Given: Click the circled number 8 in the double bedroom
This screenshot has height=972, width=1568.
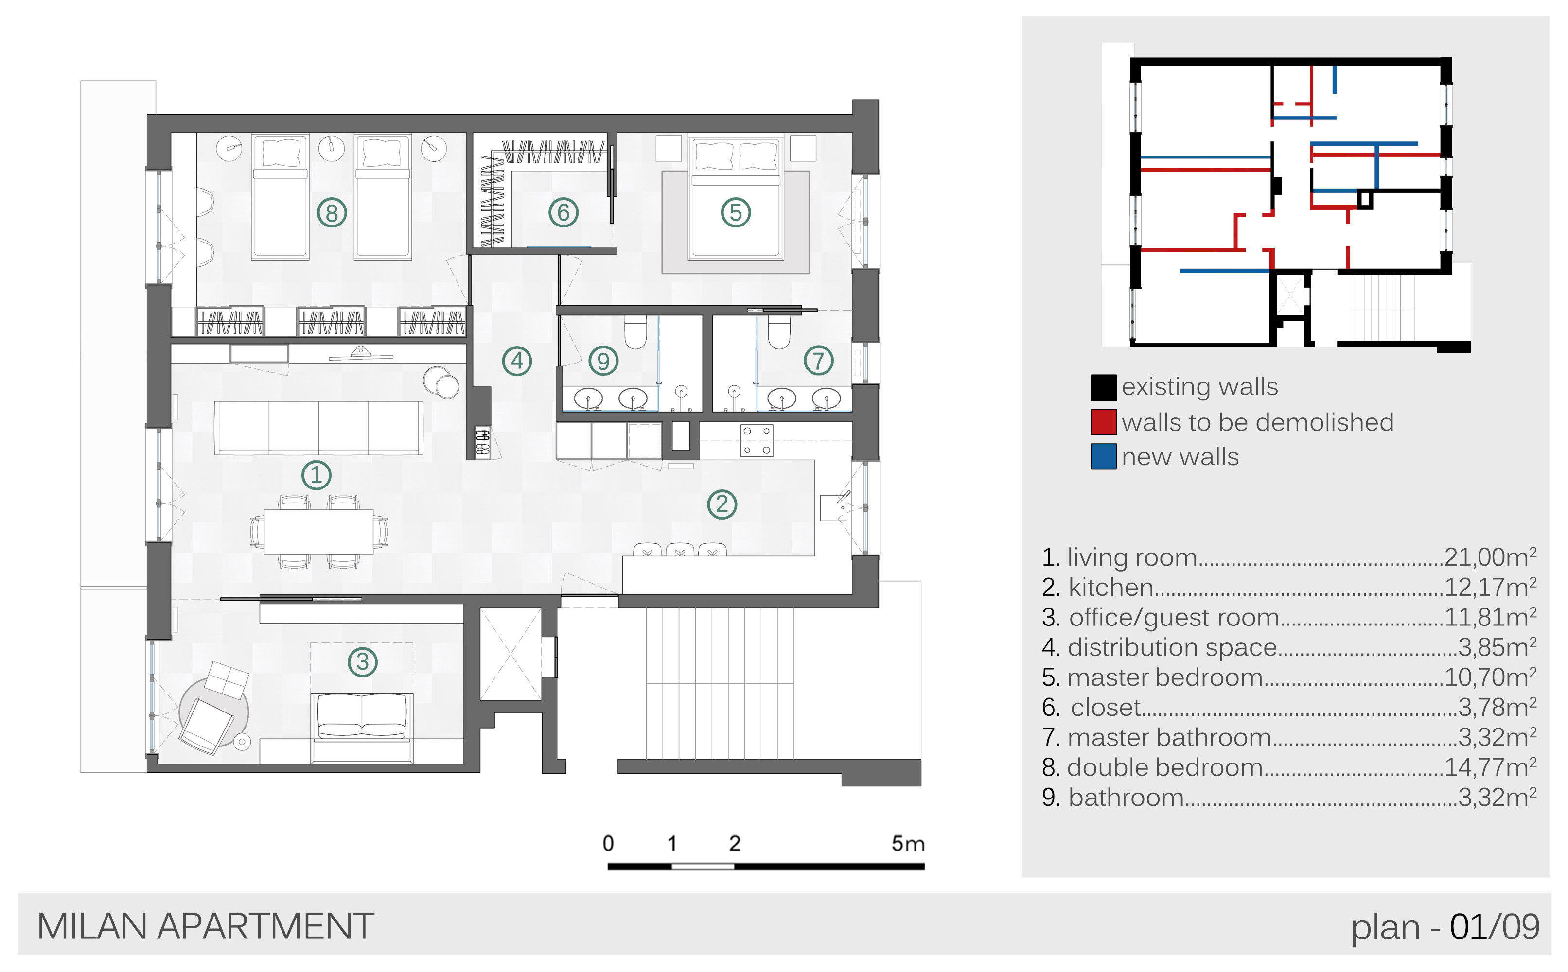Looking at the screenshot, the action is pyautogui.click(x=332, y=213).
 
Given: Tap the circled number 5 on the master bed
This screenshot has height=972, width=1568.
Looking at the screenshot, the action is pyautogui.click(x=736, y=213).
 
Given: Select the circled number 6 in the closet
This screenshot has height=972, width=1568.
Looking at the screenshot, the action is pyautogui.click(x=564, y=212).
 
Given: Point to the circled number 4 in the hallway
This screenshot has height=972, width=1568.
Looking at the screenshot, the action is pyautogui.click(x=517, y=361).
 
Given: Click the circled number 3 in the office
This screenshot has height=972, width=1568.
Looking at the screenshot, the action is pyautogui.click(x=363, y=661).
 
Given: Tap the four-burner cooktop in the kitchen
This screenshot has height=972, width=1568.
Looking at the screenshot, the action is pyautogui.click(x=757, y=440).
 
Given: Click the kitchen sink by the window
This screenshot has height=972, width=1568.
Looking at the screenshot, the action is pyautogui.click(x=833, y=507).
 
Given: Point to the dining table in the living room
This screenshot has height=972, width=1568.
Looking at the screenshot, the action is pyautogui.click(x=318, y=531).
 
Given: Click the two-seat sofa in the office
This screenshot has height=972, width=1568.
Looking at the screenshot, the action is pyautogui.click(x=362, y=727).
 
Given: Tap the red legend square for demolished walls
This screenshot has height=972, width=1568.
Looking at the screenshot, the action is pyautogui.click(x=1104, y=422).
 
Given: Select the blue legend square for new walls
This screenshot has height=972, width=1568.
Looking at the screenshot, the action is pyautogui.click(x=1104, y=457).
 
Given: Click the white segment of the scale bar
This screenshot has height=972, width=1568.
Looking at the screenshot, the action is pyautogui.click(x=703, y=867).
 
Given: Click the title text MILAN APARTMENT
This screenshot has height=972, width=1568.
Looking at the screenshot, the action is pyautogui.click(x=206, y=926).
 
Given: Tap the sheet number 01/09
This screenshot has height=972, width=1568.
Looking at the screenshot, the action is pyautogui.click(x=1495, y=927).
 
